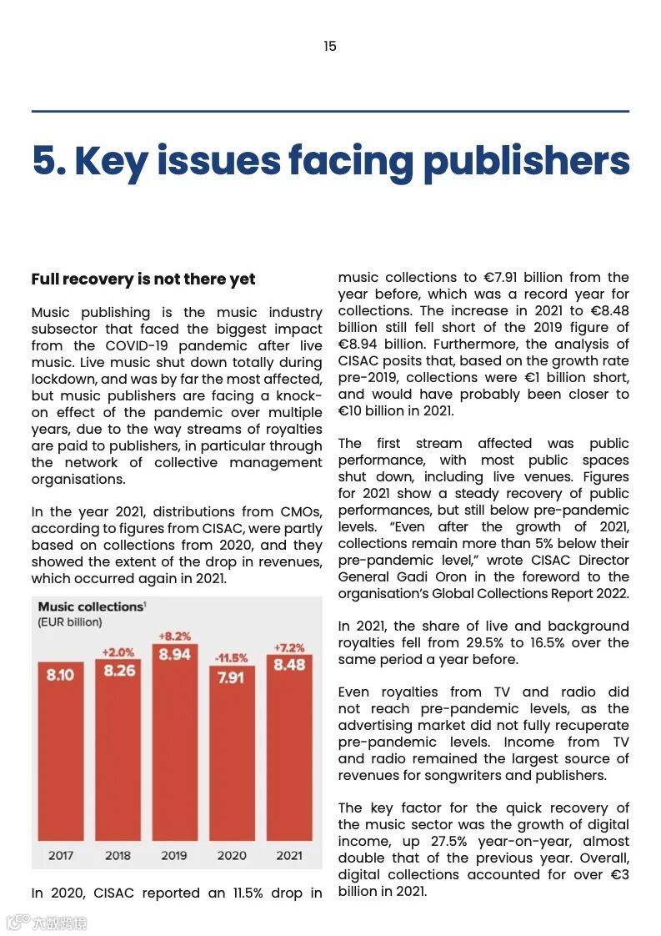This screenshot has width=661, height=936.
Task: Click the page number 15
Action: (330, 47)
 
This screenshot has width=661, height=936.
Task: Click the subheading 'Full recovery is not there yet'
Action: (143, 279)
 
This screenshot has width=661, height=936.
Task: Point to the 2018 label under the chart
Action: (118, 856)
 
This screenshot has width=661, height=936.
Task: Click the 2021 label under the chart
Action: (289, 856)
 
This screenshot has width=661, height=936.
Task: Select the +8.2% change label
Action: (174, 637)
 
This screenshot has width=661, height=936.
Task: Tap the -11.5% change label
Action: (231, 658)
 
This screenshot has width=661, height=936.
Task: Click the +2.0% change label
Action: (118, 652)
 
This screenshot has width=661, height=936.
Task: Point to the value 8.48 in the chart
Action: (289, 666)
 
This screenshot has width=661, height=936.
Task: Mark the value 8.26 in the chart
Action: (119, 671)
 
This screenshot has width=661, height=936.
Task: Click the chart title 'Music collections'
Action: (90, 606)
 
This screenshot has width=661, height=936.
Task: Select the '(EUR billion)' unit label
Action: (70, 622)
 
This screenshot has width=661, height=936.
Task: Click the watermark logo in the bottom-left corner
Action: (18, 923)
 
